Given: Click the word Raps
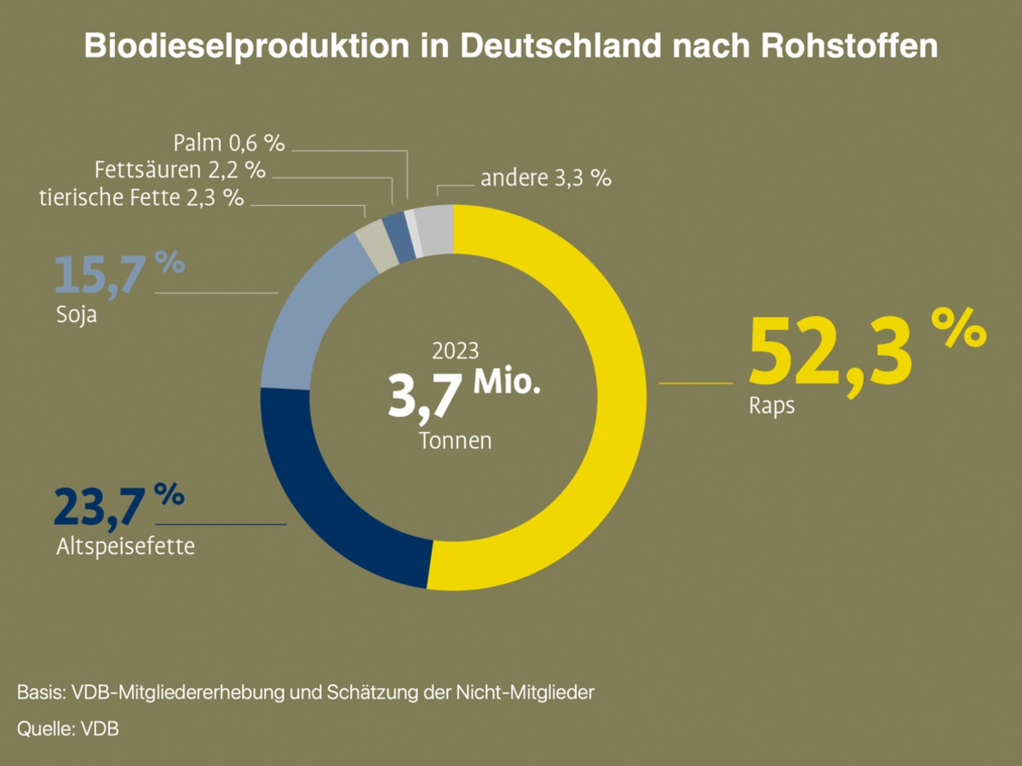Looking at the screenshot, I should pyautogui.click(x=772, y=406).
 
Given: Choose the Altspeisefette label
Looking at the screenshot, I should pyautogui.click(x=125, y=546).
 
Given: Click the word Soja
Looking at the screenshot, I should pyautogui.click(x=75, y=317).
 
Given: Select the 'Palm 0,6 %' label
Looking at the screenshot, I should pyautogui.click(x=229, y=141).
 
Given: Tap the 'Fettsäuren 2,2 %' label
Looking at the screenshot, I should pyautogui.click(x=181, y=169).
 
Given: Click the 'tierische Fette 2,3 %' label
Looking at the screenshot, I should pyautogui.click(x=141, y=198).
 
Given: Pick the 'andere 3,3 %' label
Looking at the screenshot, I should pyautogui.click(x=546, y=179).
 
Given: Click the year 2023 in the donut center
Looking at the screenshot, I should pyautogui.click(x=456, y=351).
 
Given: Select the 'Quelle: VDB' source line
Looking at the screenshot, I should pyautogui.click(x=67, y=729).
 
